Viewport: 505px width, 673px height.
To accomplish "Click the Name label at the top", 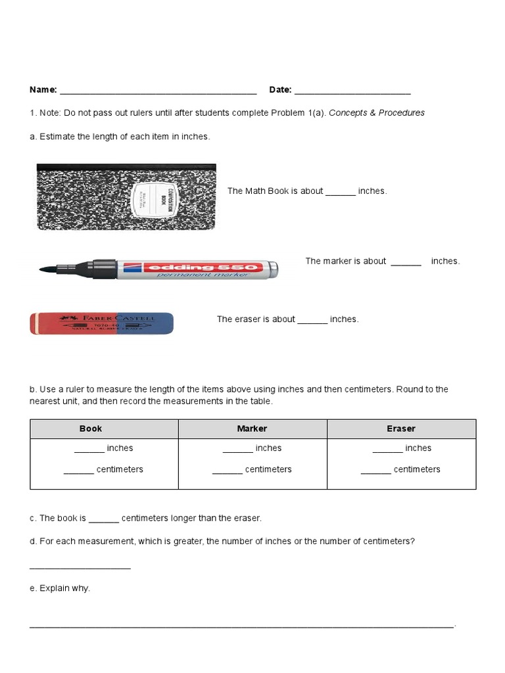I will pos(43,89).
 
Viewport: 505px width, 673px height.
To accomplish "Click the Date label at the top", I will pos(280,89).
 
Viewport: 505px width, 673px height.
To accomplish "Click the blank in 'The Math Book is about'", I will pos(340,192).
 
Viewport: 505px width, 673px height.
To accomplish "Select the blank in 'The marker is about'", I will pos(406,262).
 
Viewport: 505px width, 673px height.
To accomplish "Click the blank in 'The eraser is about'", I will pos(312,320).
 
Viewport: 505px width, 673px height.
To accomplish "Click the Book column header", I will pos(91,429).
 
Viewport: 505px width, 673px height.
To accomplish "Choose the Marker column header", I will pos(252,429).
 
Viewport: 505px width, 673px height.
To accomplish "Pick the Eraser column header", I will pos(401,429).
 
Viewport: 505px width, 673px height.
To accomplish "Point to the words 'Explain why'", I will pos(64,588).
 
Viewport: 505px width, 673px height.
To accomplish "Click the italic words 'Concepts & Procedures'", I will pos(376,112).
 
